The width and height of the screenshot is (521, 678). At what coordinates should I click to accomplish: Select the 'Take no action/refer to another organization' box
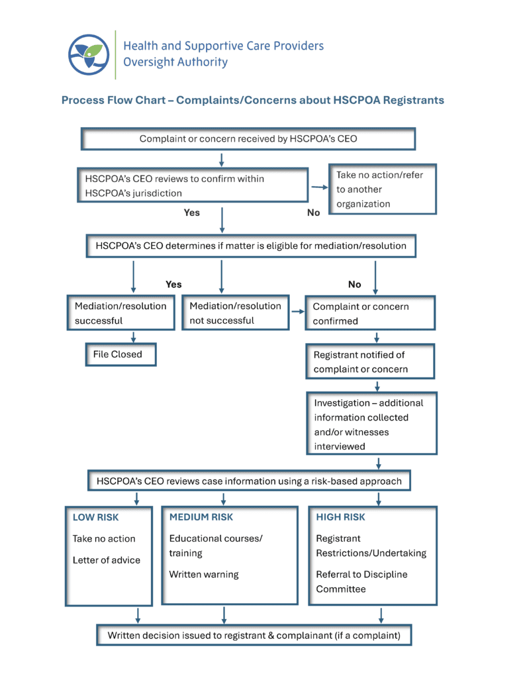tap(383, 189)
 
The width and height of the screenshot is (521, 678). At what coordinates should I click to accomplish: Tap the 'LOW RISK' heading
tap(96, 517)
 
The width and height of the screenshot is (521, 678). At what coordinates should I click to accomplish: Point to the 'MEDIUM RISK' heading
tap(201, 517)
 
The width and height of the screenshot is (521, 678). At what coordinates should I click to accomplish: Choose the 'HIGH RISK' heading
tap(340, 517)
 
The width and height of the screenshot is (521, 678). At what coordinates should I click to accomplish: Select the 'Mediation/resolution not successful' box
tap(235, 313)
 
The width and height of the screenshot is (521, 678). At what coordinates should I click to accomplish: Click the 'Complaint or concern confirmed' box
tap(369, 314)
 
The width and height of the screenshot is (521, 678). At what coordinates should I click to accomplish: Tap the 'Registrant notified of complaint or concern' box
tap(369, 362)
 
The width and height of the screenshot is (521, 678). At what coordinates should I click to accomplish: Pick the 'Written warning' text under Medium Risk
tap(204, 575)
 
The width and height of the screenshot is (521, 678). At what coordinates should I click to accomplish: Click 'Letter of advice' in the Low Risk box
tap(107, 560)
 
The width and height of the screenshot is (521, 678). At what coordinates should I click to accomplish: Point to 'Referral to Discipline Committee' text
tap(361, 581)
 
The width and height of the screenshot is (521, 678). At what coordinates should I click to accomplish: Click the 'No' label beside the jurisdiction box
tap(314, 213)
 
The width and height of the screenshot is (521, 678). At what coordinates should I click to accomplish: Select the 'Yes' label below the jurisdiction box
tap(192, 213)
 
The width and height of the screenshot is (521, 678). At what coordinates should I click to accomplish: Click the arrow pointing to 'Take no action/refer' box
tap(319, 188)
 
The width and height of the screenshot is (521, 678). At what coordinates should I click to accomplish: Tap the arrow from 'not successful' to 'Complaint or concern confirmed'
tap(297, 311)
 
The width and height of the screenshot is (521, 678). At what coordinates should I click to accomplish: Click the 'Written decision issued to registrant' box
tap(254, 636)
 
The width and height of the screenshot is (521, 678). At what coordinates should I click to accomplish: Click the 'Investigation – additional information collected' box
tap(371, 424)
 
